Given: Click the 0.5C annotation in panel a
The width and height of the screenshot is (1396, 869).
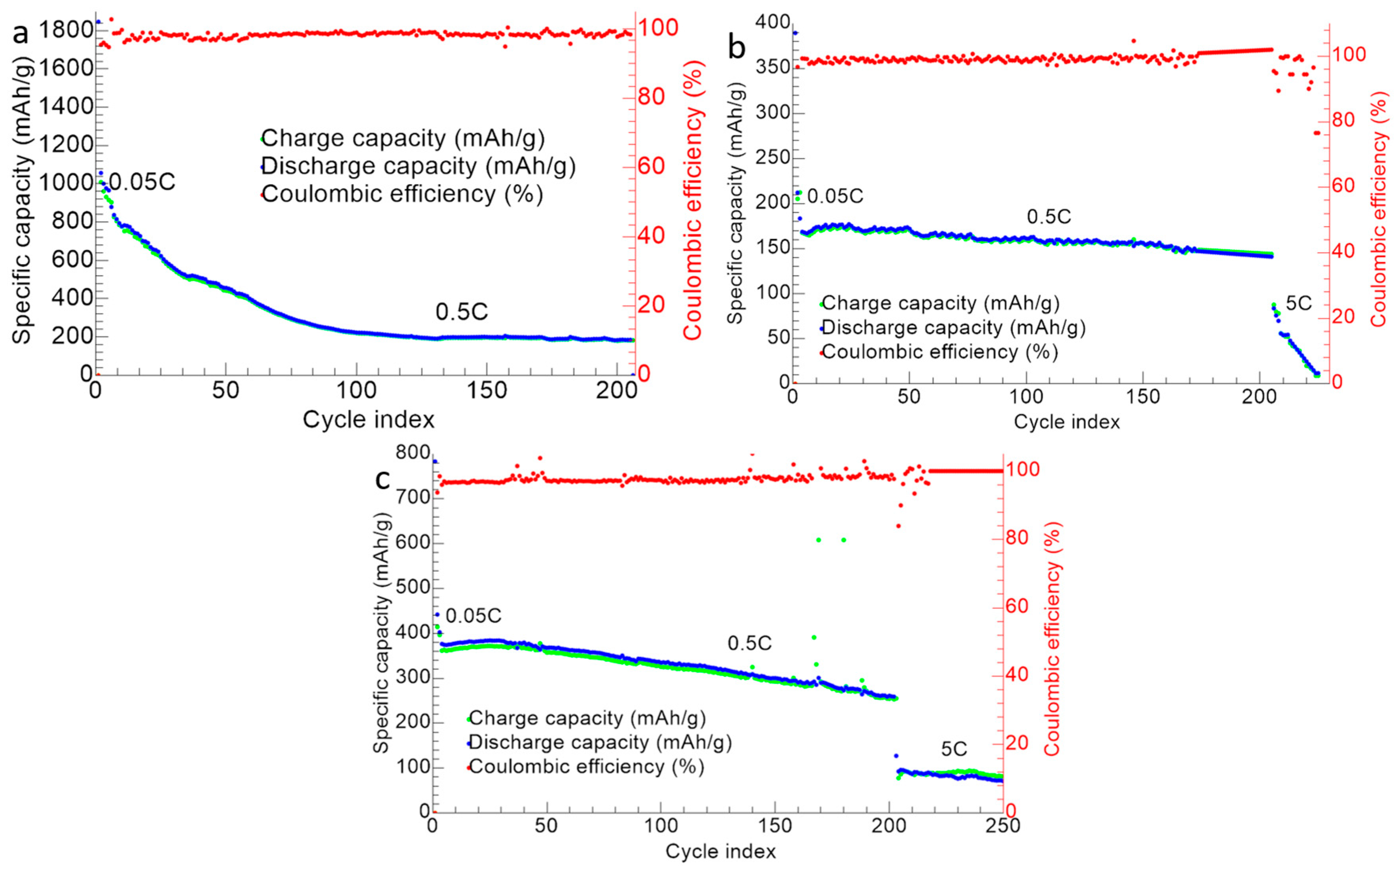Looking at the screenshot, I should pyautogui.click(x=462, y=312).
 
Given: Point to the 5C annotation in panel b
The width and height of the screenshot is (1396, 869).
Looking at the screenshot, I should pyautogui.click(x=1299, y=303).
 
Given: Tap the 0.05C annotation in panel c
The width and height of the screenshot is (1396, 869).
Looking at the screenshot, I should pyautogui.click(x=474, y=615).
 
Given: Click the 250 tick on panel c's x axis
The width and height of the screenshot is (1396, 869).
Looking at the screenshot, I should pyautogui.click(x=1003, y=826).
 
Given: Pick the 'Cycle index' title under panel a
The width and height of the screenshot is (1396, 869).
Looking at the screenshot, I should pyautogui.click(x=368, y=420).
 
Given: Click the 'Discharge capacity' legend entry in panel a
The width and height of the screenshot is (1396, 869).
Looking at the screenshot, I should pyautogui.click(x=418, y=166).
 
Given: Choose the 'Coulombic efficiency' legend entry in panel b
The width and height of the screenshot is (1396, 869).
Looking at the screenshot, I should pyautogui.click(x=940, y=351).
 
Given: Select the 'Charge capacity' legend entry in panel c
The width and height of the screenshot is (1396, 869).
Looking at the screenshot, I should pyautogui.click(x=587, y=718).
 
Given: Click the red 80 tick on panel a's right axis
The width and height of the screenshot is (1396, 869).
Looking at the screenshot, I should pyautogui.click(x=652, y=97).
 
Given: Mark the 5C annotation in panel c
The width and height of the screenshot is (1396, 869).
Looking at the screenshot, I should pyautogui.click(x=954, y=749).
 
